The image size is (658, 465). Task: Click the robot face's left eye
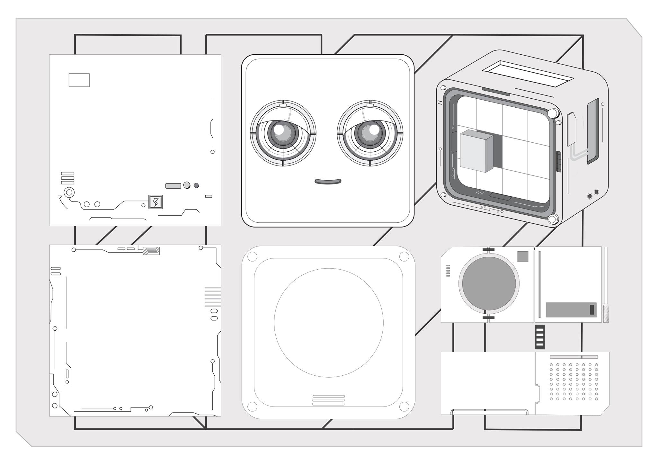pyautogui.click(x=283, y=133)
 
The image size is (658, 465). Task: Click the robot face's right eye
pyautogui.click(x=370, y=133)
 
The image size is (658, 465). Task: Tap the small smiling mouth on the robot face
pyautogui.click(x=328, y=182)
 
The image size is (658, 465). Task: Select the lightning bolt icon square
pyautogui.click(x=156, y=202)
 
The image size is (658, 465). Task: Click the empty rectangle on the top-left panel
pyautogui.click(x=79, y=80)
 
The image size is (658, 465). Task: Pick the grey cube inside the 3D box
pyautogui.click(x=476, y=151)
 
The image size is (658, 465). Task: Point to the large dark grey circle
pyautogui.click(x=489, y=283)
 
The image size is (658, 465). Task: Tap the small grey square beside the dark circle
pyautogui.click(x=523, y=256)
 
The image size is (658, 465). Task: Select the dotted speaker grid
pyautogui.click(x=574, y=382)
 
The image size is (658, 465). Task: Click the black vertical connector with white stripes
pyautogui.click(x=540, y=337)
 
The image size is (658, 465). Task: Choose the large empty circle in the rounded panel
pyautogui.click(x=328, y=323)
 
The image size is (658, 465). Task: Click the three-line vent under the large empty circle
pyautogui.click(x=328, y=400)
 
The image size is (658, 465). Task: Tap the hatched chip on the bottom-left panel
pyautogui.click(x=151, y=251)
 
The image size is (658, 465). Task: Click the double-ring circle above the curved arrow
pyautogui.click(x=69, y=193)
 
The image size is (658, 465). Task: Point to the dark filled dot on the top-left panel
pyautogui.click(x=196, y=185)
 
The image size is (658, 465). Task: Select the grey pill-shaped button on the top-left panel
pyautogui.click(x=173, y=186)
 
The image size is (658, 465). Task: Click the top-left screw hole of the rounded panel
pyautogui.click(x=252, y=257)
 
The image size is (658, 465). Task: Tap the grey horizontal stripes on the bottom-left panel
pyautogui.click(x=213, y=296)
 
